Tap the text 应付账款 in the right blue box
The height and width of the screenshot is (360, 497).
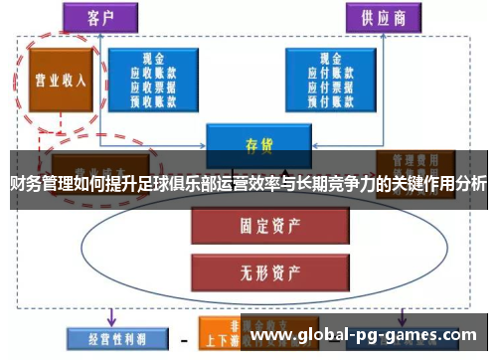(331, 72)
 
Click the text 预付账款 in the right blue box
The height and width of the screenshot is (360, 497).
(331, 98)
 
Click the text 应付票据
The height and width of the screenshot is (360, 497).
(331, 86)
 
